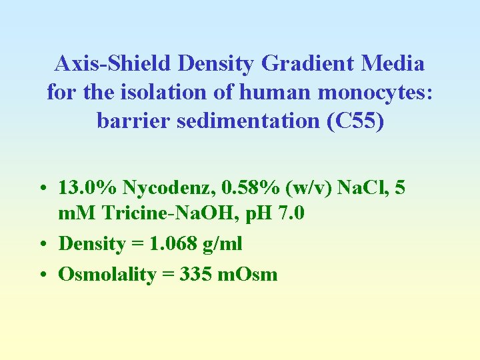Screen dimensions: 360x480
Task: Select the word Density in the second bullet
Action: [x=92, y=244]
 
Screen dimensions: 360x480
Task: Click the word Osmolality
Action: [x=107, y=274]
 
